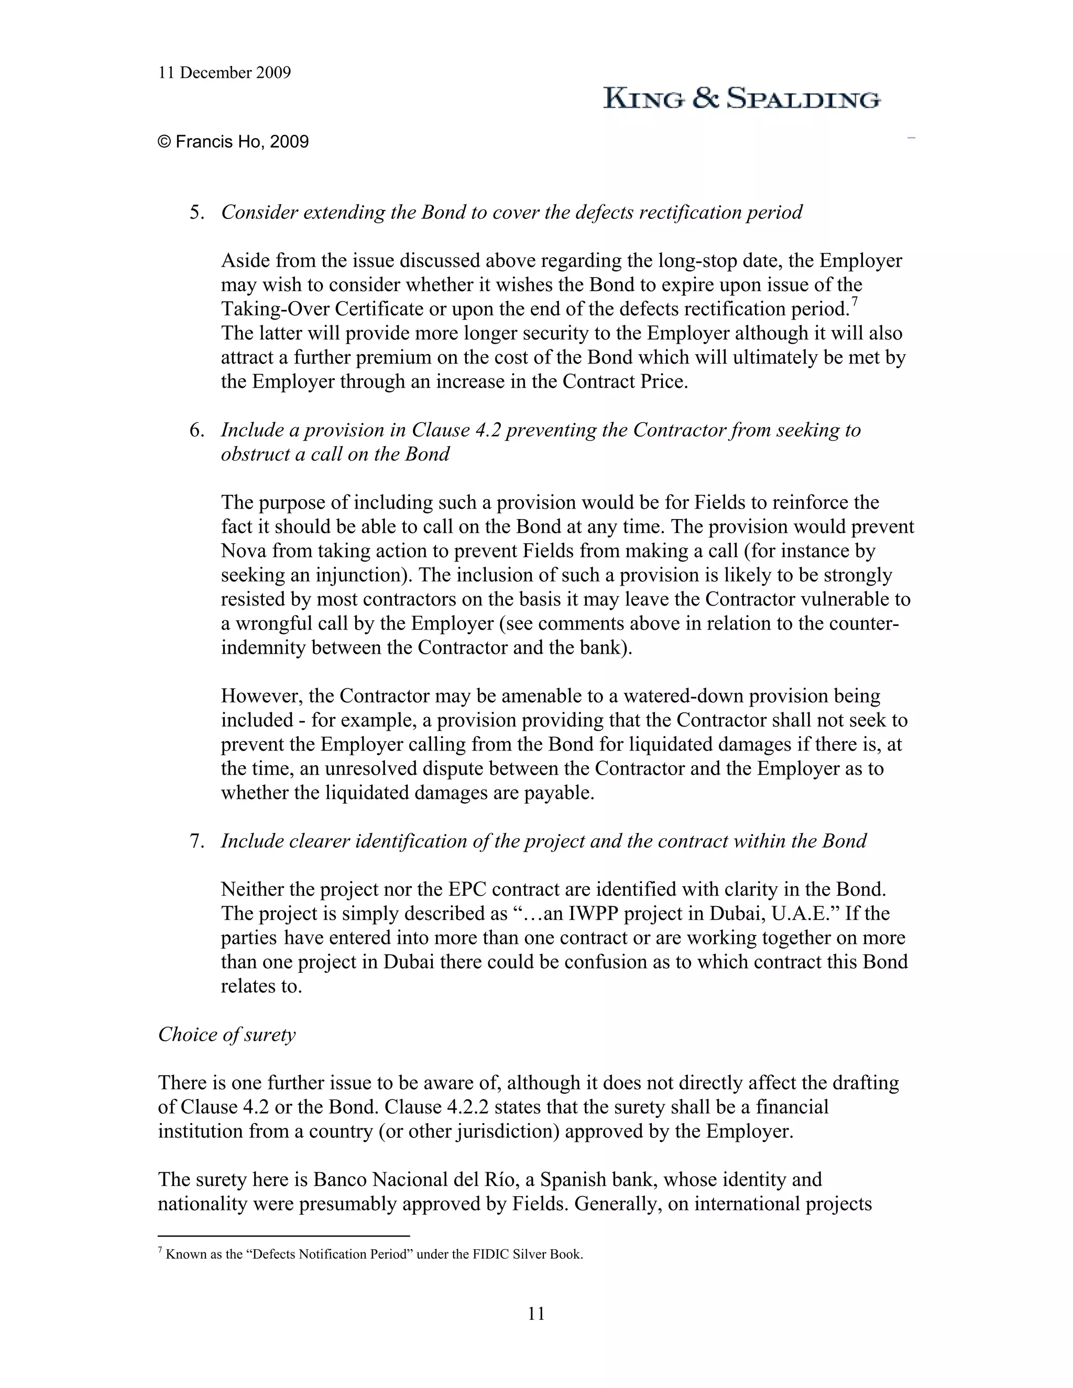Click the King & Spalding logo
point(741,98)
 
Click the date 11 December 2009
point(224,73)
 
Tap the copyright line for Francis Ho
point(233,142)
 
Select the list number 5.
point(196,212)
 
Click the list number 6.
point(196,430)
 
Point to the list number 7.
point(196,842)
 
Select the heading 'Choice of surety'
point(226,1034)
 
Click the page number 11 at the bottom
point(536,1314)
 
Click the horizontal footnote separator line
point(283,1236)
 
